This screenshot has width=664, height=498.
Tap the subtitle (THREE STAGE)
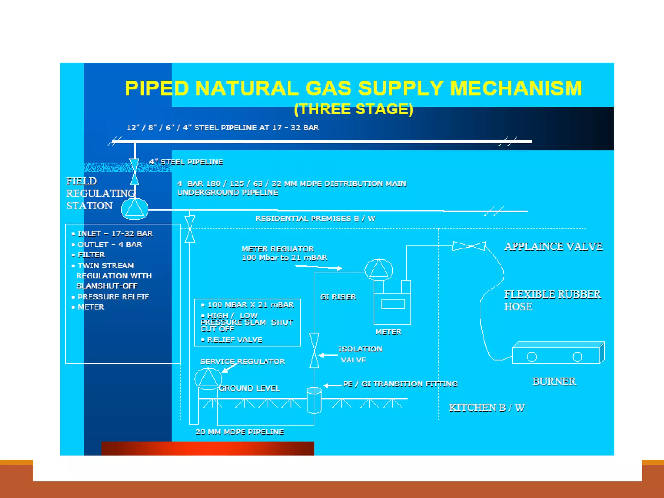point(353,109)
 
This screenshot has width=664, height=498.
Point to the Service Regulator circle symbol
point(208,378)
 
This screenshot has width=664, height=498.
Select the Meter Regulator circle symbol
point(379,270)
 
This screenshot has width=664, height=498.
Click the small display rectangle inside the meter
point(393,304)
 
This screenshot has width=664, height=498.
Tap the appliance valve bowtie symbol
point(469,246)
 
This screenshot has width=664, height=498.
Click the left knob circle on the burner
point(531,357)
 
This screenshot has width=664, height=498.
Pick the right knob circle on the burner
point(577,357)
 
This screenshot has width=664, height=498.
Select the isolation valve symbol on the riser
point(314,350)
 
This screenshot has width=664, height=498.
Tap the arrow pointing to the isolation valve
point(328,355)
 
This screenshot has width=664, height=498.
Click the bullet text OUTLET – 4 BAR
point(110,244)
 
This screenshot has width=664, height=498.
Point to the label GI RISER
point(338,297)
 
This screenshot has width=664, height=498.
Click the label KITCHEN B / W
point(487,408)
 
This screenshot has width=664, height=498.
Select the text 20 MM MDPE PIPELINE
point(240,432)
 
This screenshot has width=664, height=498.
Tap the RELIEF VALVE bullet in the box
point(234,340)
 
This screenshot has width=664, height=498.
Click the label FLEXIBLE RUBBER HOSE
point(552,300)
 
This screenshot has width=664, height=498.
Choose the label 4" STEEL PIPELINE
point(186,162)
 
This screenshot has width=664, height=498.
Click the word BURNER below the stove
point(554,382)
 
